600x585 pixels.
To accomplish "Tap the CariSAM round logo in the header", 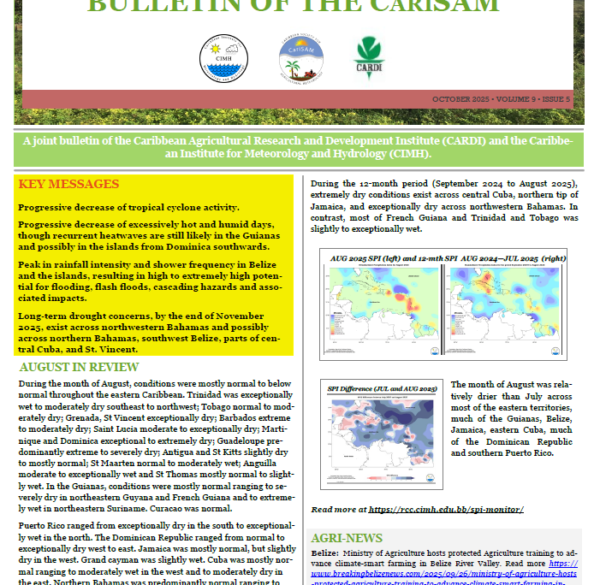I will [300, 60].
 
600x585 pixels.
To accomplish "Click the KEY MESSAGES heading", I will [68, 185].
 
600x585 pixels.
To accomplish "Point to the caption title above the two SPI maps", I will [443, 257].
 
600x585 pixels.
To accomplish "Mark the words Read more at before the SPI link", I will [338, 510].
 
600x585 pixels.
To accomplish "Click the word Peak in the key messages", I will [31, 265].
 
